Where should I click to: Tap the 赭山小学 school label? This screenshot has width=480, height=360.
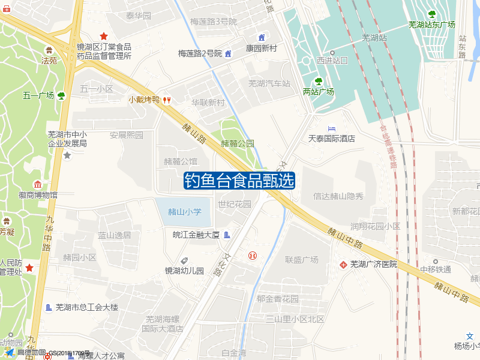[x=185, y=212]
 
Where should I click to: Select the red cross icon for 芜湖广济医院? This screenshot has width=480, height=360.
[x=343, y=264]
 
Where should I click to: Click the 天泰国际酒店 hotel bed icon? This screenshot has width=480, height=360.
[x=332, y=129]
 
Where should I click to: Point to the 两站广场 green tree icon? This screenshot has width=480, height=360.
[x=319, y=81]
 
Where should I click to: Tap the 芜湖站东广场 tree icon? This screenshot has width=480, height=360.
[x=431, y=14]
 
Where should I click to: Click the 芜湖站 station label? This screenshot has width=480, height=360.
[x=374, y=38]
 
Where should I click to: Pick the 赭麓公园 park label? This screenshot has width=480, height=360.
[x=238, y=144]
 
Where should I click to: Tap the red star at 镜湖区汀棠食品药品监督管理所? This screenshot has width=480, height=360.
[x=104, y=36]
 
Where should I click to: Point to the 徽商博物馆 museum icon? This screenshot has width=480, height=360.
[x=38, y=184]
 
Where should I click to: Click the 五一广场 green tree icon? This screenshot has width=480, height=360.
[x=61, y=95]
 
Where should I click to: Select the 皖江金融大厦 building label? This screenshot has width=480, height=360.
[x=196, y=234]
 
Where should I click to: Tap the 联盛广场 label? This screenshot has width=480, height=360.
[x=301, y=260]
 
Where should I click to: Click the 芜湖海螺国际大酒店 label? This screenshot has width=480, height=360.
[x=163, y=324]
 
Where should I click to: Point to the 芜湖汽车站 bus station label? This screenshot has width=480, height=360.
[x=269, y=83]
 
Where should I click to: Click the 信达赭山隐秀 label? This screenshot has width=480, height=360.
[x=338, y=196]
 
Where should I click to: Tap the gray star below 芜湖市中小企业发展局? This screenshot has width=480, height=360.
[x=67, y=155]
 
